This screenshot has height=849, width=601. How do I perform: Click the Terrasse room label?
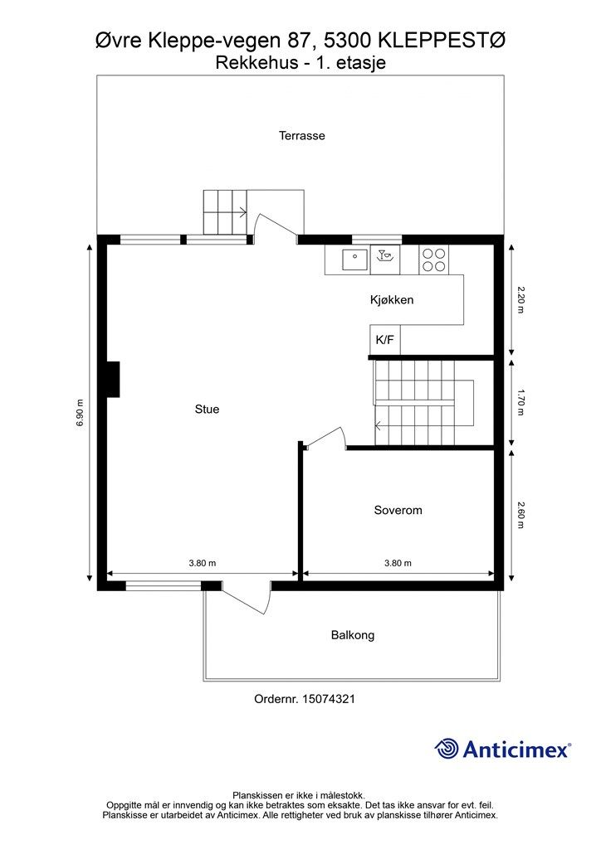[302, 135]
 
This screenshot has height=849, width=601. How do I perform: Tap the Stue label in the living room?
[207, 410]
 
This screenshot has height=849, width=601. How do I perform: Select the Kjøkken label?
[392, 300]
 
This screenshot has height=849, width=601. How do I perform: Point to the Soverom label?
[398, 510]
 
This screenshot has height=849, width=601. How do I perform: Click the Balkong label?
[353, 635]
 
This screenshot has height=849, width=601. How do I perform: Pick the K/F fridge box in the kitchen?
[385, 340]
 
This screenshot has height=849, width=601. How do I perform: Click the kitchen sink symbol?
[355, 259]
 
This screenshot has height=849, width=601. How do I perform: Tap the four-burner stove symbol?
[433, 260]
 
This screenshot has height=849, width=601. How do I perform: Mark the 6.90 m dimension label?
[81, 414]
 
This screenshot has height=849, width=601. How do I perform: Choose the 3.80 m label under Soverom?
[398, 563]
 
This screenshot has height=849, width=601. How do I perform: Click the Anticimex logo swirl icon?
[447, 749]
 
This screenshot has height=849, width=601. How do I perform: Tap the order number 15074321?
[329, 699]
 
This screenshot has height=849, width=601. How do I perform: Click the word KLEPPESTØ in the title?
[442, 41]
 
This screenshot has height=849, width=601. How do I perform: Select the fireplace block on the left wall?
[113, 379]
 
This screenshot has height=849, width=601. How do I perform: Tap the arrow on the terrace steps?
[241, 212]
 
